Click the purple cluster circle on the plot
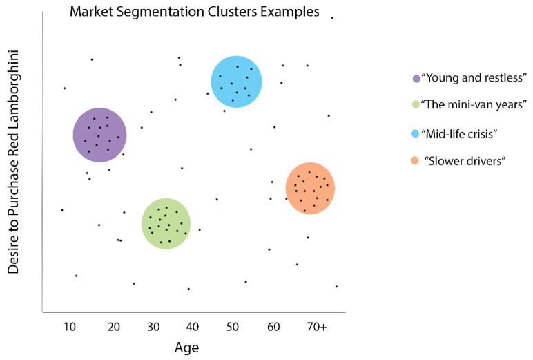pos(99,135)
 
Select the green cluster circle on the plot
pos(166,223)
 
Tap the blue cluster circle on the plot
pos(236,81)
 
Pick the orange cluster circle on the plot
pos(310,189)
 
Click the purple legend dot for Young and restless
pos(415,78)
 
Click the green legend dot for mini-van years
pos(415,105)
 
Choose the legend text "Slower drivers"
pos(467,160)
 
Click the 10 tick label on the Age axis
pos(70,326)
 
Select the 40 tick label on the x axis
pos(193,326)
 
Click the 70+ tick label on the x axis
pos(317,326)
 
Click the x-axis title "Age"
pos(186,347)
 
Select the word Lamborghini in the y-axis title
pos(13,90)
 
